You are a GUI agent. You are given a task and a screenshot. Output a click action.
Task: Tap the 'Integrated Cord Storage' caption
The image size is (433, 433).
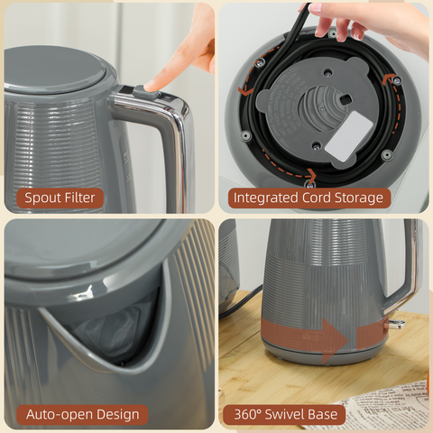click(x=308, y=197)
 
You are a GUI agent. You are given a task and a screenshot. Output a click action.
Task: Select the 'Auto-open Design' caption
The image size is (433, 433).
click(x=82, y=414)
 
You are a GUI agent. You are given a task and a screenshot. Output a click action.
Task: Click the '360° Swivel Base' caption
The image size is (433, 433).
click(x=284, y=414)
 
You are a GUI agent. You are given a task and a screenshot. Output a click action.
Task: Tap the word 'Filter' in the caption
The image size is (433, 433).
click(x=83, y=197)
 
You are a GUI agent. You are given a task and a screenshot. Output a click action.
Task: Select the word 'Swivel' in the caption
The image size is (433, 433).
click(x=288, y=414)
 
